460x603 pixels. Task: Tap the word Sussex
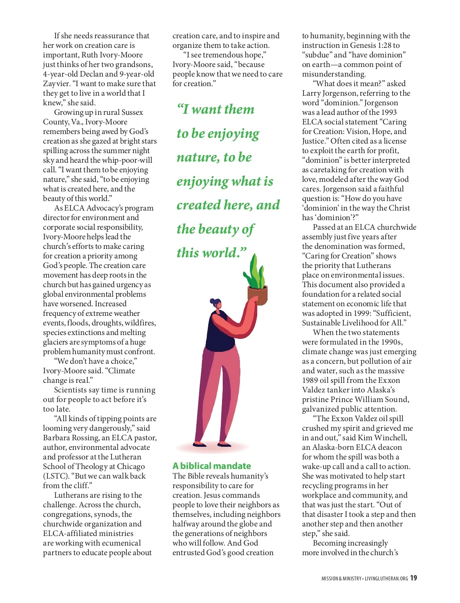coord(132,112)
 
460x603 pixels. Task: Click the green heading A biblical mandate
coord(212,466)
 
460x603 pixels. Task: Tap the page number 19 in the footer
coord(413,578)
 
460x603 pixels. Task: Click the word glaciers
coord(56,342)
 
